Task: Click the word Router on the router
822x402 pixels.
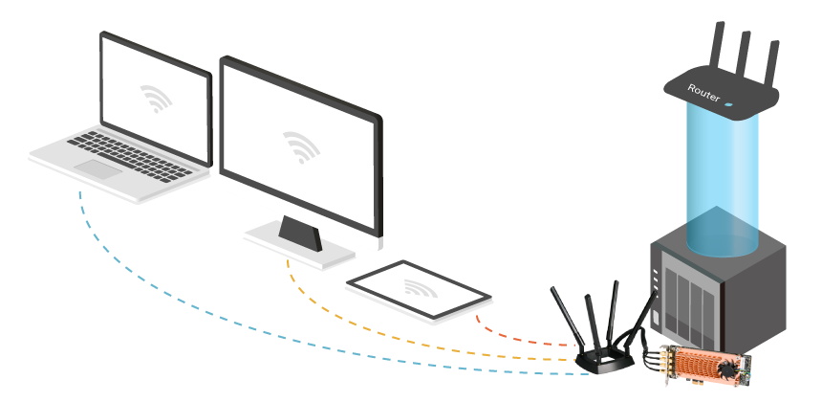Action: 703,92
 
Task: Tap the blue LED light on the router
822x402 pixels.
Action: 729,103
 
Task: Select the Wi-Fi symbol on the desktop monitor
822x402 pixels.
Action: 300,146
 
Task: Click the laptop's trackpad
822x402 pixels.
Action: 98,169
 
